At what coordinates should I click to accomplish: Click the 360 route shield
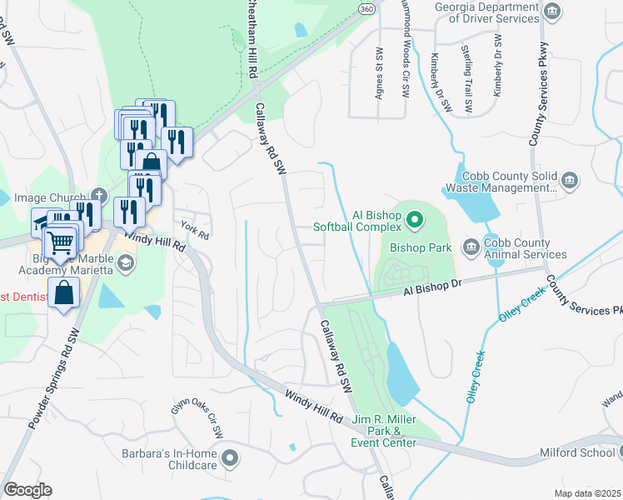point(366,8)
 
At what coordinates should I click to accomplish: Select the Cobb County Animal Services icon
point(470,244)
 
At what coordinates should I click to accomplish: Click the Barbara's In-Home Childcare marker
point(231,457)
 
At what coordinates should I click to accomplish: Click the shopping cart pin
point(60,242)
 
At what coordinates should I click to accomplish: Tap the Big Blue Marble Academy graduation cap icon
point(127,263)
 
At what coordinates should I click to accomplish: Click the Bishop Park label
point(421,248)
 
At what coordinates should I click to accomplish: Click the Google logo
point(27,490)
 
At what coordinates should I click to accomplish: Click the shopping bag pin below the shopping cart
point(64,293)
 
